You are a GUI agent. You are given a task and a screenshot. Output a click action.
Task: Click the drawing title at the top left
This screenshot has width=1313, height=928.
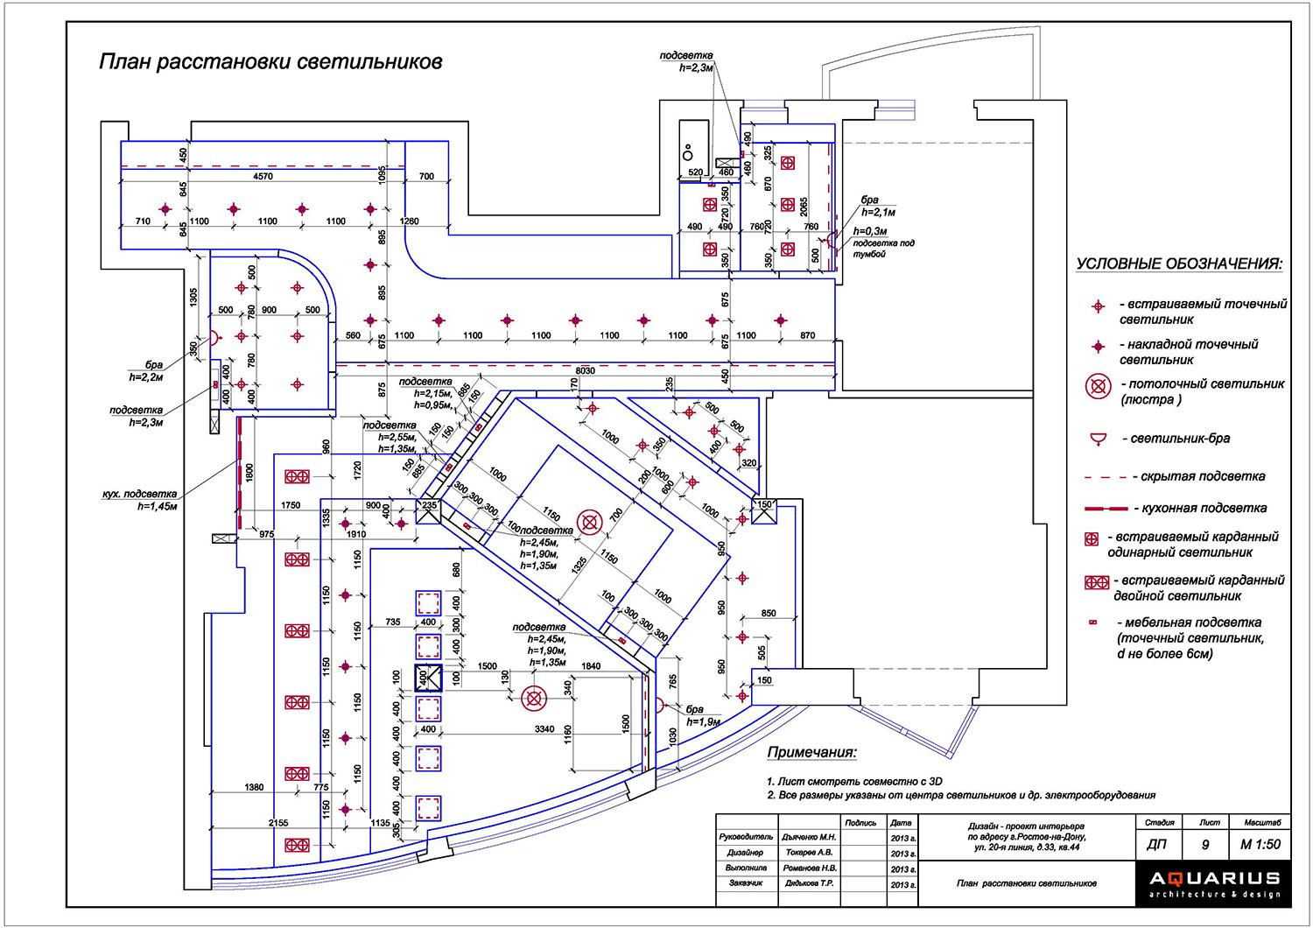tap(270, 62)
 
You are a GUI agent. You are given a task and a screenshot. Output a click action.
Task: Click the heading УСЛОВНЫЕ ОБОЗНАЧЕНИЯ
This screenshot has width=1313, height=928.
tap(1179, 264)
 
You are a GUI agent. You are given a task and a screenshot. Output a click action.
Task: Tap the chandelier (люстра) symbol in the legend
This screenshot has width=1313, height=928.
tap(1098, 386)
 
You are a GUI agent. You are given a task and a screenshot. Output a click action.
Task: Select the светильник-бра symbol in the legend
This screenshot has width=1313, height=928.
tap(1098, 439)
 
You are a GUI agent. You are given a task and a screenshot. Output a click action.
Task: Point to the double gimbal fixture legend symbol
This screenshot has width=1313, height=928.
tap(1097, 582)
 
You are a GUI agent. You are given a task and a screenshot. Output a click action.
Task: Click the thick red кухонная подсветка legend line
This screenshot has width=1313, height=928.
tap(1106, 509)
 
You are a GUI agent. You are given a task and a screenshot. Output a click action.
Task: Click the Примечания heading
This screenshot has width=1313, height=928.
tap(811, 752)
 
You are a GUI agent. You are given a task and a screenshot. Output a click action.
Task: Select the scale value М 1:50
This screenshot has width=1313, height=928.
tap(1260, 845)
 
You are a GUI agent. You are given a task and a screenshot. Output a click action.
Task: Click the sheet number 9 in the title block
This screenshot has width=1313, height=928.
tap(1205, 845)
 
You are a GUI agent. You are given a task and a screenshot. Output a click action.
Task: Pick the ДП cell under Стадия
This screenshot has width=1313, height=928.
tap(1156, 845)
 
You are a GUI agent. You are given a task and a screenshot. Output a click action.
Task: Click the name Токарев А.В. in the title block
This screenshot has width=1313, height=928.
tap(809, 852)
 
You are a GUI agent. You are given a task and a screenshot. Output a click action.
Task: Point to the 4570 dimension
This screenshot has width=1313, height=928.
tap(263, 177)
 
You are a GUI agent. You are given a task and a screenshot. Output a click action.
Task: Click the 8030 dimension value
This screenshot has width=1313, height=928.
tap(585, 371)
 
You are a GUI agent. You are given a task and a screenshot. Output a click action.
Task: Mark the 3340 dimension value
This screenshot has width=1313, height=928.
tap(544, 728)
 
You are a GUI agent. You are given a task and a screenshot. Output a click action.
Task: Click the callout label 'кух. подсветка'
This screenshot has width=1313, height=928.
tap(139, 495)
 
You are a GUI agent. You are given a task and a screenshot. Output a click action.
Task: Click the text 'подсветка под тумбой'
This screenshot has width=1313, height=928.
tap(883, 248)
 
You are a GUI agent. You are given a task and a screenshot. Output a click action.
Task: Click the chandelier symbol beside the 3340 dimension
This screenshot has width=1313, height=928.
tap(533, 698)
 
